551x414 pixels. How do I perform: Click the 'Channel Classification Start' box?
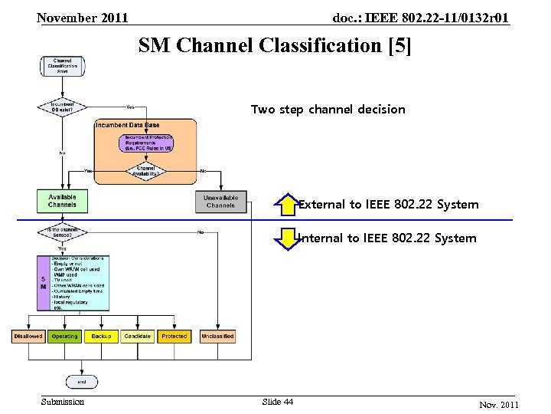[x=63, y=66]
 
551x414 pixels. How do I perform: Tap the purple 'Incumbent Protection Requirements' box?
[x=145, y=143]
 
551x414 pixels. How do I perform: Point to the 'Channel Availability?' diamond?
[x=145, y=170]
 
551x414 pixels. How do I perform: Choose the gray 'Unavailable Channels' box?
[x=220, y=202]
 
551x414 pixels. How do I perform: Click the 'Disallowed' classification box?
[x=28, y=336]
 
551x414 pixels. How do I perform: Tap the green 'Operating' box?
[x=64, y=336]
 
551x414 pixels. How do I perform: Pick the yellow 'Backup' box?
[x=101, y=336]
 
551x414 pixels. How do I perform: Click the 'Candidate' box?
[x=138, y=336]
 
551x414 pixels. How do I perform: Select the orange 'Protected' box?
[x=174, y=336]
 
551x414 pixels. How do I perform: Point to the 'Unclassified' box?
[x=217, y=336]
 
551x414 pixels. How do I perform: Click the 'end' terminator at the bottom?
[x=81, y=381]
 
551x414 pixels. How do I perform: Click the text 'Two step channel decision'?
[x=328, y=110]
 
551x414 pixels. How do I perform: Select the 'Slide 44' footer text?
[x=277, y=402]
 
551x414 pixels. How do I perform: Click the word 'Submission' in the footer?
[x=63, y=402]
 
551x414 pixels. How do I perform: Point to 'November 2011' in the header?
[x=83, y=18]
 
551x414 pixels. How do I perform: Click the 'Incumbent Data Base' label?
[x=128, y=125]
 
